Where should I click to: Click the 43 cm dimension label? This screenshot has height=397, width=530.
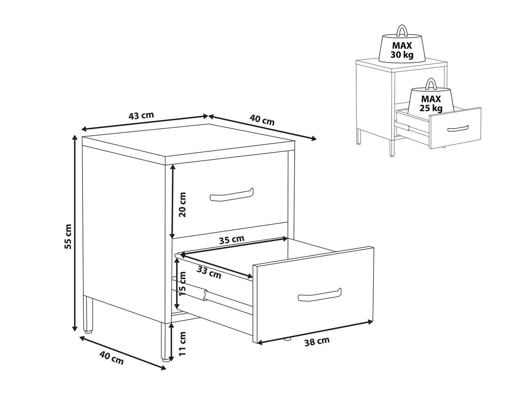tap(141, 116)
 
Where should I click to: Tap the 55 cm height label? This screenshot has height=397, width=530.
tap(69, 236)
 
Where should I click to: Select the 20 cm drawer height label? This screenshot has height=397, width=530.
tap(183, 205)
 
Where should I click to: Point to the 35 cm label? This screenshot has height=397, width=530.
tap(231, 240)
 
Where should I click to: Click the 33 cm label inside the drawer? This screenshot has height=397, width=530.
tap(209, 272)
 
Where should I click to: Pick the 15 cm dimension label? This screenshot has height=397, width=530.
tap(182, 284)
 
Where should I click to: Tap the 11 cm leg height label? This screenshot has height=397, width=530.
tap(182, 344)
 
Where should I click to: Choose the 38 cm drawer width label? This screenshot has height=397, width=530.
tap(317, 341)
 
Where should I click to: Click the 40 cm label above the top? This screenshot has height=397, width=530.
tap(262, 120)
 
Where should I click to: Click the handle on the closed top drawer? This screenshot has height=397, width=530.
tap(231, 195)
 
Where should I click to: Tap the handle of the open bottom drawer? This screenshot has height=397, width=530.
tap(320, 295)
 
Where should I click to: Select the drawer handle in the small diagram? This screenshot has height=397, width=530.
tap(458, 129)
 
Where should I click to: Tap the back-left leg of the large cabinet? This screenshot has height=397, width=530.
tap(88, 315)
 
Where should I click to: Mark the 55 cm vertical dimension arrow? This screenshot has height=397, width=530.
tap(75, 233)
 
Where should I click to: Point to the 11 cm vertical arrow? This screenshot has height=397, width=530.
tap(172, 342)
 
